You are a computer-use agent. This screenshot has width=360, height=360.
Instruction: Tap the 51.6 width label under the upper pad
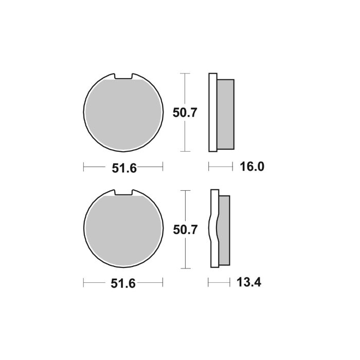click(123, 167)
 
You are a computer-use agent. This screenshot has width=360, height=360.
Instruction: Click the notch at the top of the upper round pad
click(123, 76)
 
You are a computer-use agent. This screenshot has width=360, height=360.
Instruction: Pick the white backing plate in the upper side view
click(212, 113)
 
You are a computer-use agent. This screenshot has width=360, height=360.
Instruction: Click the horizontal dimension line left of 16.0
click(219, 167)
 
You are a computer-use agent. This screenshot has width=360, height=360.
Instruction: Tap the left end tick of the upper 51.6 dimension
click(83, 167)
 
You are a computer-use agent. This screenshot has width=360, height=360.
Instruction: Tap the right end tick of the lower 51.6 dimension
click(163, 282)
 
